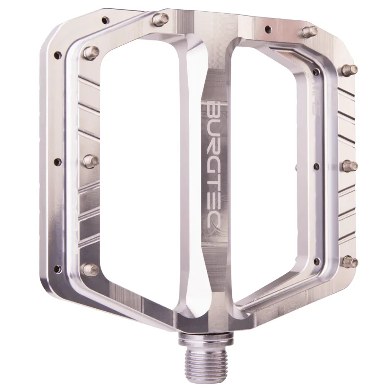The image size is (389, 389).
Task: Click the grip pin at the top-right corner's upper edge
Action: point(307,32)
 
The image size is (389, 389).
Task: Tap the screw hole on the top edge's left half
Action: point(104,21)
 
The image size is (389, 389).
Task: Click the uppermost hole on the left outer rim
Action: point(57,55)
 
